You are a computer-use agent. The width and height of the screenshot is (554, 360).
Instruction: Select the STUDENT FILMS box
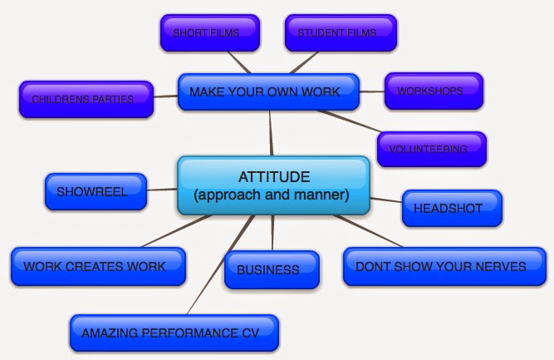[340, 33]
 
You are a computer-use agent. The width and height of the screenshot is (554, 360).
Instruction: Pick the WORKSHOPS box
[434, 91]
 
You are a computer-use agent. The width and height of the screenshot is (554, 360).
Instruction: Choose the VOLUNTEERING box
[432, 149]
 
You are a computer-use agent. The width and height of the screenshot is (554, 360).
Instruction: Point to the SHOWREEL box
[95, 190]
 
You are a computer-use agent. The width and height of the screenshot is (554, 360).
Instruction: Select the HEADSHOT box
[452, 208]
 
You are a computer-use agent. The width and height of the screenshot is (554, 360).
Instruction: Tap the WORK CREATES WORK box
[96, 266]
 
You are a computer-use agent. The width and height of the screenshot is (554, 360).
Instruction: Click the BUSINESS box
[272, 269]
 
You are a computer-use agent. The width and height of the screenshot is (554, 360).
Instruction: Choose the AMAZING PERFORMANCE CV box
[174, 333]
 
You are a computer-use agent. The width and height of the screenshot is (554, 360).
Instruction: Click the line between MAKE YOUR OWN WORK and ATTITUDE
[271, 133]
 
